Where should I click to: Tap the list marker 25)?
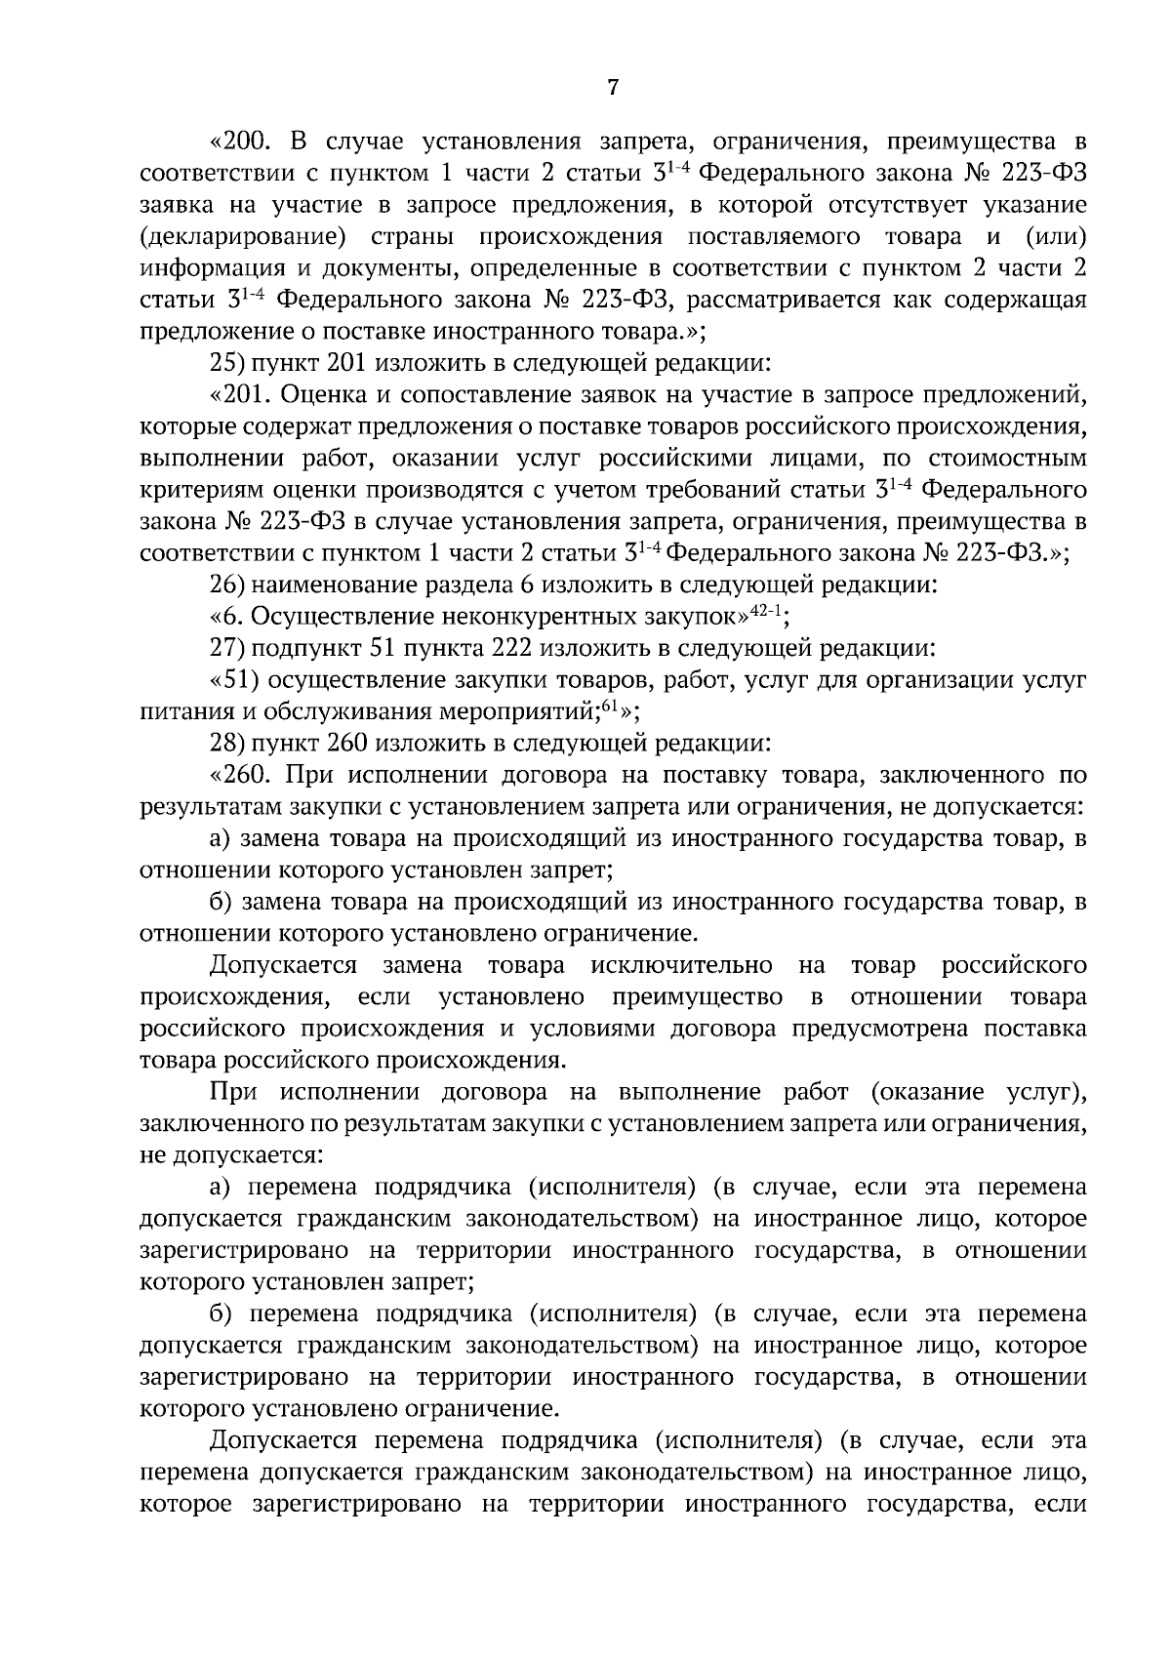pos(227,364)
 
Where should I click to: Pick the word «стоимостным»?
pos(1017,459)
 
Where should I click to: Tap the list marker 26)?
pos(227,586)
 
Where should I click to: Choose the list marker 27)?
pos(227,649)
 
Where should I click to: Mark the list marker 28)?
pos(227,744)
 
